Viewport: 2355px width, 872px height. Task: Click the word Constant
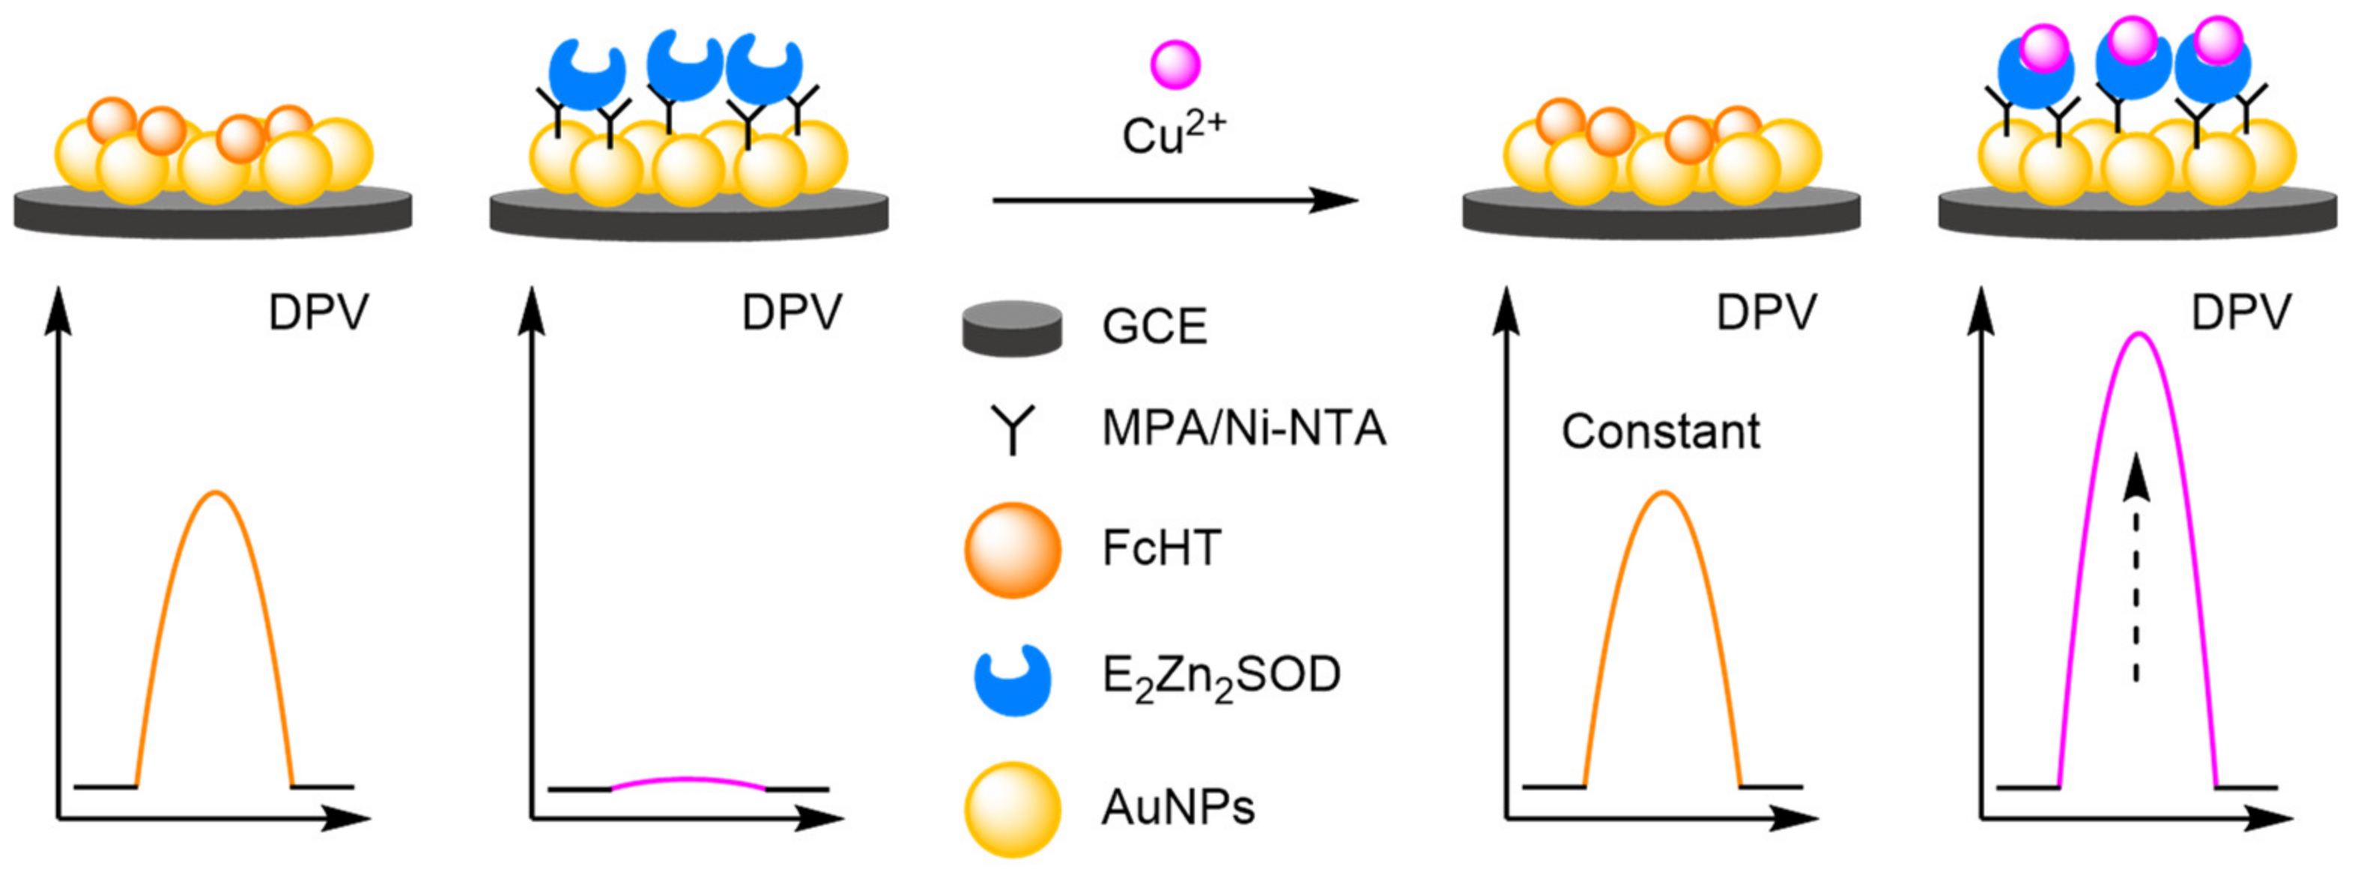(1660, 432)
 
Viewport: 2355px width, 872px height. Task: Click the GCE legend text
(1154, 327)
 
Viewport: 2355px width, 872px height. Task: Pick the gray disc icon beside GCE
(1012, 328)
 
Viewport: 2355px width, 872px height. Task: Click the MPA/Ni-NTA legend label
(1244, 428)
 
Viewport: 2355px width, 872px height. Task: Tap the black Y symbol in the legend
(1012, 429)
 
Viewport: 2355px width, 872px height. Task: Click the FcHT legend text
(1161, 548)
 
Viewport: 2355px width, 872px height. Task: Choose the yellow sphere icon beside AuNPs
(1012, 809)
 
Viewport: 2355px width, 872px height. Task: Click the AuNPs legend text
(1177, 807)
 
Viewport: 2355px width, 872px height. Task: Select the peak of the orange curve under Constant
(1663, 494)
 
